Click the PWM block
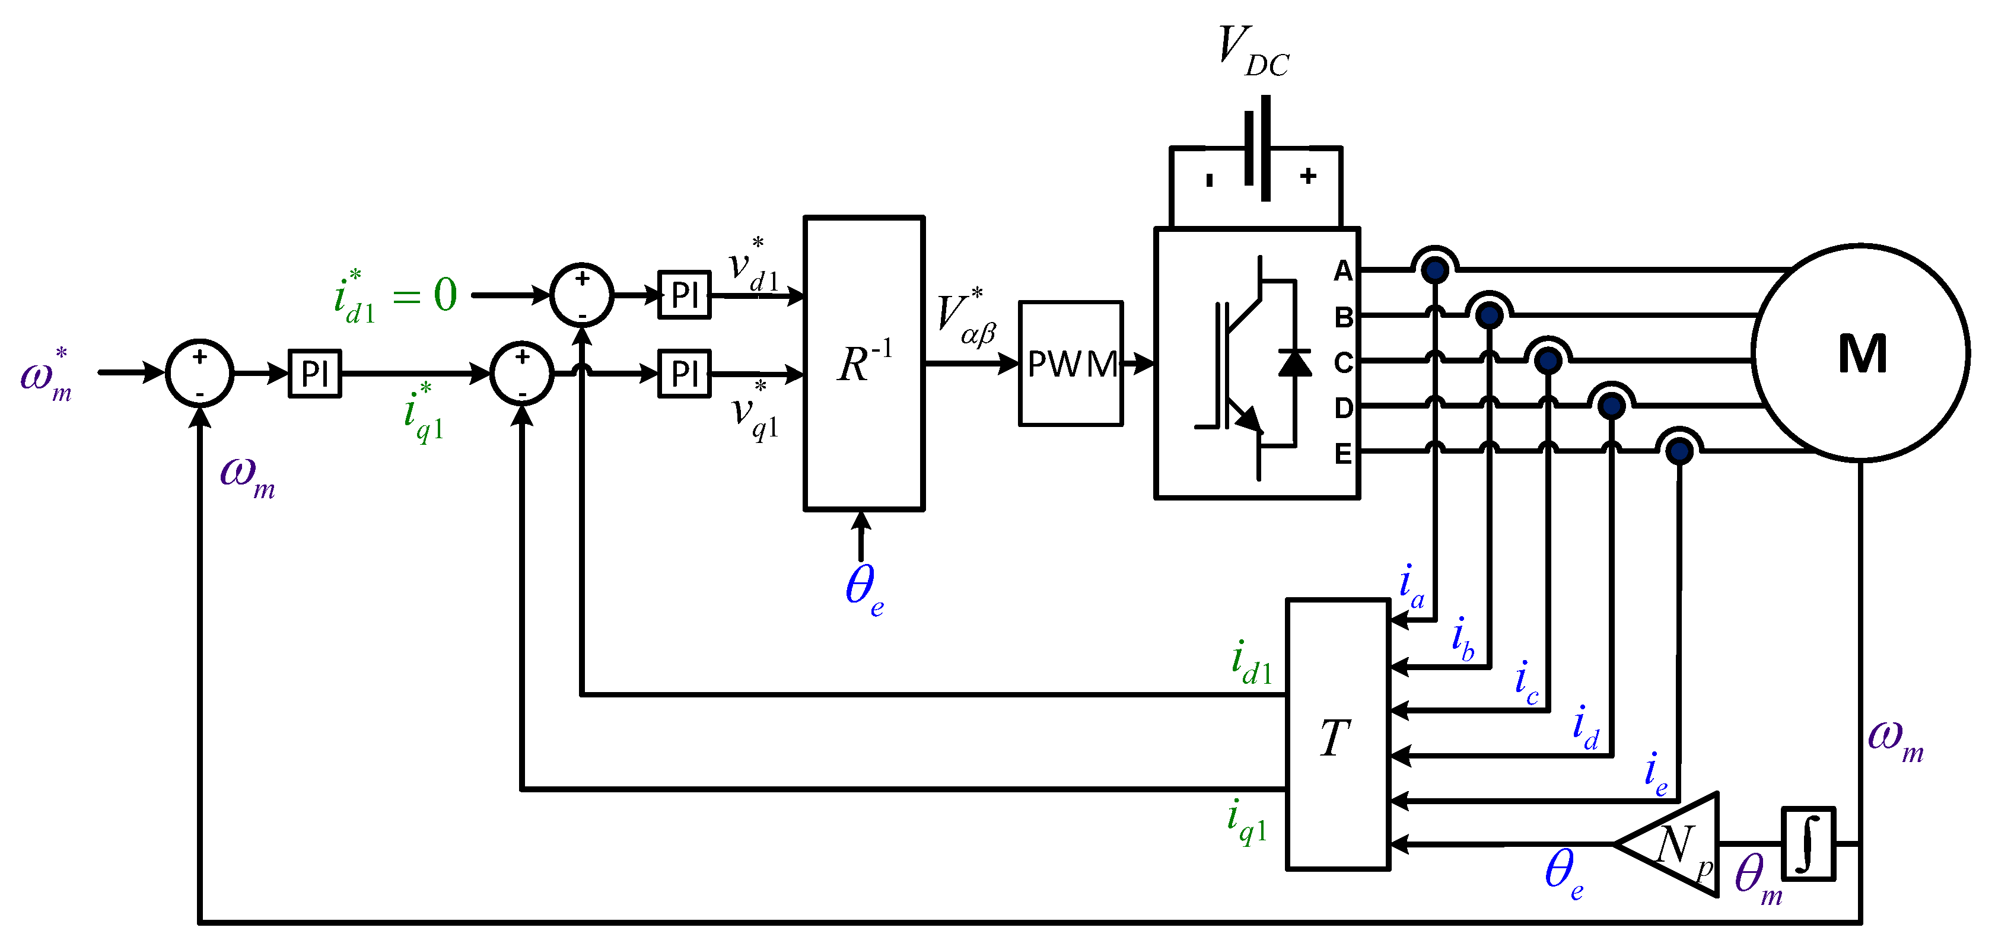tap(1070, 363)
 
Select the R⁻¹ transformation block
tap(864, 363)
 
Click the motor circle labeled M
tap(1860, 353)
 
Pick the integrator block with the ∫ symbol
tap(1808, 843)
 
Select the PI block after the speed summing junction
tap(314, 373)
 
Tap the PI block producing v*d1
tap(684, 294)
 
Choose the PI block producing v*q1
tap(684, 373)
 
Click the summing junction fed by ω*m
tap(200, 373)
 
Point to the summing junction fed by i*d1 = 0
tap(581, 294)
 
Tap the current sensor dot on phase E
tap(1678, 450)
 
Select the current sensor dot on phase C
tap(1547, 360)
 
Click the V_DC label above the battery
tap(1252, 51)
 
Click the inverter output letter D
tap(1343, 407)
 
